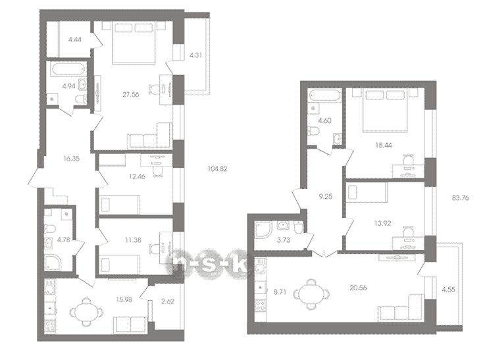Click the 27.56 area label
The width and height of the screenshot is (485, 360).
pyautogui.click(x=130, y=95)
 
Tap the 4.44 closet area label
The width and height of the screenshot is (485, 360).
pyautogui.click(x=75, y=39)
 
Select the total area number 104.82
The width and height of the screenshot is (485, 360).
pyautogui.click(x=217, y=169)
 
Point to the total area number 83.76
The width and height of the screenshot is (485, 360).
pyautogui.click(x=460, y=197)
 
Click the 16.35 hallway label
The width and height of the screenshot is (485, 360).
pyautogui.click(x=72, y=159)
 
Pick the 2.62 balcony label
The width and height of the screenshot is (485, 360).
pyautogui.click(x=168, y=301)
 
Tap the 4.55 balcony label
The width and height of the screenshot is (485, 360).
pyautogui.click(x=448, y=290)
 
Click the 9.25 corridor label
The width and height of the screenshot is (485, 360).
pyautogui.click(x=326, y=196)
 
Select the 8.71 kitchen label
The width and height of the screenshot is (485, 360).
pyautogui.click(x=280, y=292)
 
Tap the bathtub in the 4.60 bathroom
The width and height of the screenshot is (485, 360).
pyautogui.click(x=324, y=95)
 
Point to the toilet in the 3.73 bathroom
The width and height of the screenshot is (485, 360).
pyautogui.click(x=299, y=228)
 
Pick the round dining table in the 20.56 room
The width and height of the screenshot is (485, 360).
pyautogui.click(x=311, y=294)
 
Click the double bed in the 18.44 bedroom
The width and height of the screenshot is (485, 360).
pyautogui.click(x=385, y=111)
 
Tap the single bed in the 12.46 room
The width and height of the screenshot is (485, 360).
pyautogui.click(x=119, y=204)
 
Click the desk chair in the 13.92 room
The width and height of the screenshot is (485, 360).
pyautogui.click(x=409, y=231)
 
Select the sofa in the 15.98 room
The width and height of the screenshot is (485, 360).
pyautogui.click(x=130, y=324)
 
